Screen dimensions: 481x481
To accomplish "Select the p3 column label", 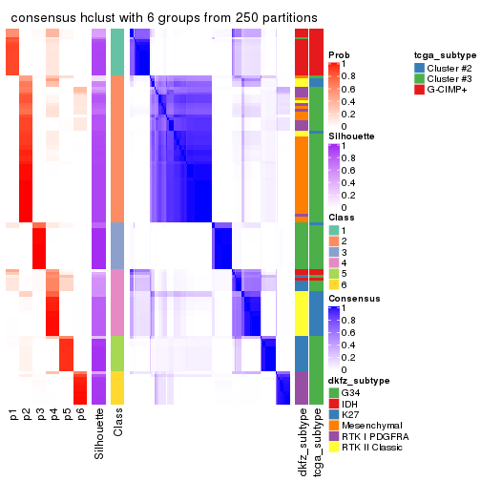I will point(41,414).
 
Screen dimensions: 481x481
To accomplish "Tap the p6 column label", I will point(81,414).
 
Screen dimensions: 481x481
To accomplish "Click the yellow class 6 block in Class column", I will point(117,387).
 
